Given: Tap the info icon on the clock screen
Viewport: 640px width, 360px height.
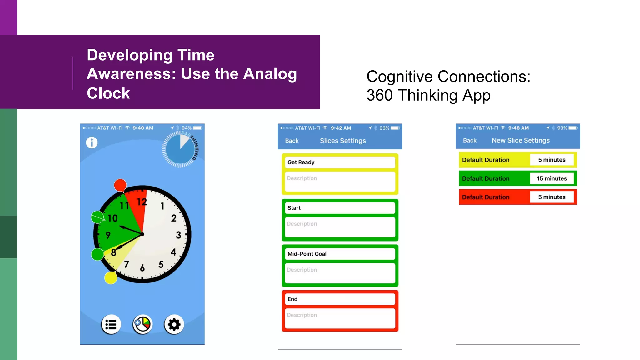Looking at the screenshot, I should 92,142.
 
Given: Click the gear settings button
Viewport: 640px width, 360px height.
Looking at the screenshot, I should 174,325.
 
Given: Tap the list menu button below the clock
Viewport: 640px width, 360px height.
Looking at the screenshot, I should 111,325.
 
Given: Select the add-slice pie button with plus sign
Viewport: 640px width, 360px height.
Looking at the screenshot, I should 142,325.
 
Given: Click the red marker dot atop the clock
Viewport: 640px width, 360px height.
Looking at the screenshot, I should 120,185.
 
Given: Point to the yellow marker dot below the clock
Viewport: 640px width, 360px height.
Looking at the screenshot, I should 111,278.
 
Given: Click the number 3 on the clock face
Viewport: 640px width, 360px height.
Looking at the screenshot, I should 178,235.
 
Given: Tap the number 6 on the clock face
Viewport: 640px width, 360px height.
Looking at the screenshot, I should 142,268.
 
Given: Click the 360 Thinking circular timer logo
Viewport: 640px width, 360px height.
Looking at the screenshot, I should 180,149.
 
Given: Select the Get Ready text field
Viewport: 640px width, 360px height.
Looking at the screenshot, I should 340,162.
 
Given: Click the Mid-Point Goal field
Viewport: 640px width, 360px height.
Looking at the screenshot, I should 340,254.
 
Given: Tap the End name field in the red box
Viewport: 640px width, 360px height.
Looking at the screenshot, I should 340,299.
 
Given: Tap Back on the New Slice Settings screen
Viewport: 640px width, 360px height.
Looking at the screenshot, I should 470,141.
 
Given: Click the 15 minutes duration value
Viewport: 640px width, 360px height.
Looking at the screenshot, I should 552,178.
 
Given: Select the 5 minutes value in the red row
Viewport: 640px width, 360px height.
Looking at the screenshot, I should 552,197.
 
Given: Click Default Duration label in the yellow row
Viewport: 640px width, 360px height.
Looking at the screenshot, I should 486,160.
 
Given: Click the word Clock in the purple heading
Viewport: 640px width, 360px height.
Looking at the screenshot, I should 108,93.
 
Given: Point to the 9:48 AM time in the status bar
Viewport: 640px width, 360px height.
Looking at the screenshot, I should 518,128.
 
